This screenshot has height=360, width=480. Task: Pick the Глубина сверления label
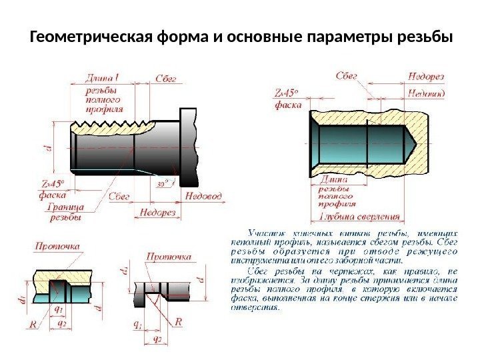point(359,216)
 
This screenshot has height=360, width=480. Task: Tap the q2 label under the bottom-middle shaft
point(157,338)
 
